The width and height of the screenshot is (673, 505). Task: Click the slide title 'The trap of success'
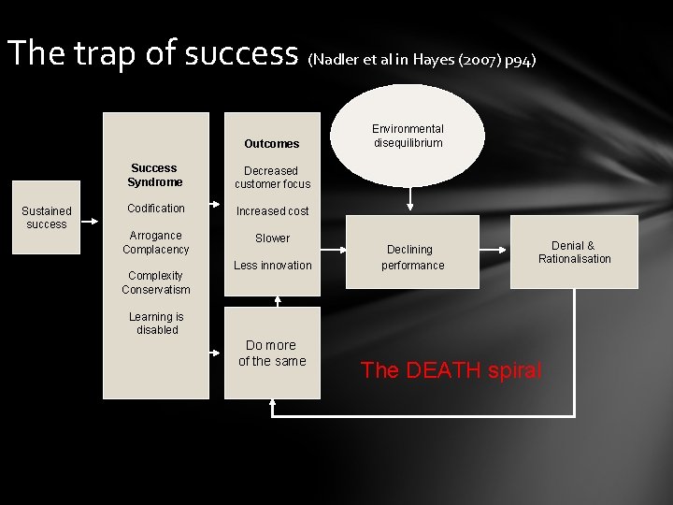[152, 53]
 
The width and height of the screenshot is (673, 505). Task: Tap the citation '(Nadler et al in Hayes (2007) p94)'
[422, 60]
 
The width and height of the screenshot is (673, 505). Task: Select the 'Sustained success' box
[47, 218]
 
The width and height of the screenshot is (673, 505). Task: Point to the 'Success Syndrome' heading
[155, 175]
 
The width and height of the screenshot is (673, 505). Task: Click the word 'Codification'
[156, 209]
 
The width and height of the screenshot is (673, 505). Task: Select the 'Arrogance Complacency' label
[156, 242]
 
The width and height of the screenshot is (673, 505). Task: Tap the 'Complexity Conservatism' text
[156, 282]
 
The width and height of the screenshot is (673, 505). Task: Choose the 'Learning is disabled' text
[156, 324]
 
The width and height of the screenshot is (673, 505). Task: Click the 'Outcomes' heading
[272, 144]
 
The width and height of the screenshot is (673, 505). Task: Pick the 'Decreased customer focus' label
[272, 178]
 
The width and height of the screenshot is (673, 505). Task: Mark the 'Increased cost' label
[272, 211]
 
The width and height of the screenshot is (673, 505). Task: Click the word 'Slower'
[272, 238]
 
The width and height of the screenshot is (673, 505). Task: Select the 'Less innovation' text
[272, 266]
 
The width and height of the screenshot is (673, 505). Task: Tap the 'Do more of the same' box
[272, 353]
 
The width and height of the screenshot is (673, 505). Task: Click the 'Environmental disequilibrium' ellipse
[408, 137]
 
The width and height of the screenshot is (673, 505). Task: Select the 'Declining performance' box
[412, 257]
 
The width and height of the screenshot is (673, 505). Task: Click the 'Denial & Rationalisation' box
[574, 252]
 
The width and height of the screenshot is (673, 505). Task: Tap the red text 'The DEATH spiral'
[451, 370]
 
